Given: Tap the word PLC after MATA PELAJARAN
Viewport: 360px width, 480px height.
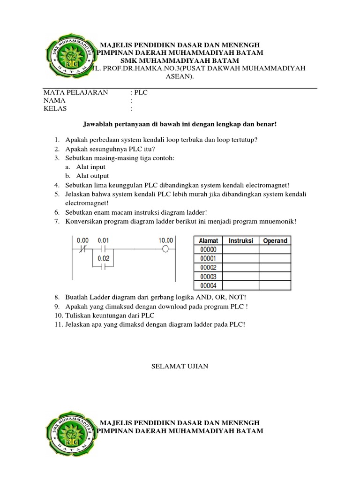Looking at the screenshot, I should coord(141,92).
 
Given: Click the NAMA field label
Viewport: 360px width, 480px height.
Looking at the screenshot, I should coord(54,100).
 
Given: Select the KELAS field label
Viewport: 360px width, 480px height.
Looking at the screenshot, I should coord(55,108).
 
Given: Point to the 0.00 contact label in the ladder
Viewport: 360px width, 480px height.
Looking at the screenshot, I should coord(82,240).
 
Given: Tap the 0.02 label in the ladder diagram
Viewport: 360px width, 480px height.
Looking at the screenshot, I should coord(103,258).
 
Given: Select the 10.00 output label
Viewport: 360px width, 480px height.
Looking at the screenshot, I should coord(166,240).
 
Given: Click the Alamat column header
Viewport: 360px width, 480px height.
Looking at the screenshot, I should coord(209,240).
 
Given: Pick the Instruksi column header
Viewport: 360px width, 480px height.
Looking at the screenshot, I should coord(241,240).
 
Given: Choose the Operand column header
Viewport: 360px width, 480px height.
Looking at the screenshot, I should coord(275,240).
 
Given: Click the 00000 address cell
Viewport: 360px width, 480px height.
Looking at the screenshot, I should coord(208,250).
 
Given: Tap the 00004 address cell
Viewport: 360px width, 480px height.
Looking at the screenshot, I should coord(208,285).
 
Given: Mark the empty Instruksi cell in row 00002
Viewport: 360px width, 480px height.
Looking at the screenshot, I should coord(241,268).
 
